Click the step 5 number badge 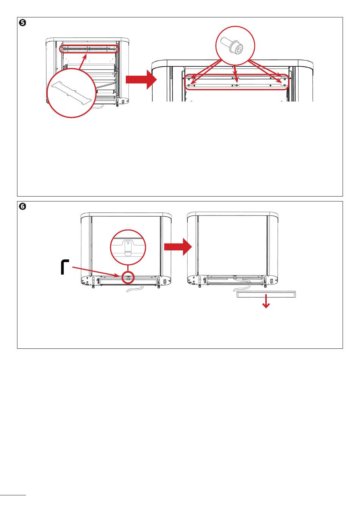pyautogui.click(x=22, y=23)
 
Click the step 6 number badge pyautogui.click(x=22, y=207)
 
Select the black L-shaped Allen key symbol pyautogui.click(x=65, y=267)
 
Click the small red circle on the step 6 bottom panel pyautogui.click(x=128, y=278)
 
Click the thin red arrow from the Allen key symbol pyautogui.click(x=97, y=271)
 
